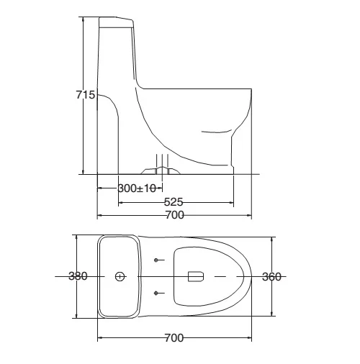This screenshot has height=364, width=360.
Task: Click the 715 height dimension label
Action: coord(86,95)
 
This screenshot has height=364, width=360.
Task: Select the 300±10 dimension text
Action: coord(137,188)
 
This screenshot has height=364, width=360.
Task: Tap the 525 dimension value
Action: coord(174,202)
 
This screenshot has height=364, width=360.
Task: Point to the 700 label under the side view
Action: coord(175,215)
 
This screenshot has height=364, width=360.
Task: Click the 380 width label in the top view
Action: coord(78,276)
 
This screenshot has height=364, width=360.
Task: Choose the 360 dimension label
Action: coord(271,277)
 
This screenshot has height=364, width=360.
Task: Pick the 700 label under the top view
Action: coord(174,338)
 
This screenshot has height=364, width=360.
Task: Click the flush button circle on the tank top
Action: coord(120,276)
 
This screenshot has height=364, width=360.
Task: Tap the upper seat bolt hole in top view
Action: coord(156,260)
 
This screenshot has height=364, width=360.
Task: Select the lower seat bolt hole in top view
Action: coord(156,293)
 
